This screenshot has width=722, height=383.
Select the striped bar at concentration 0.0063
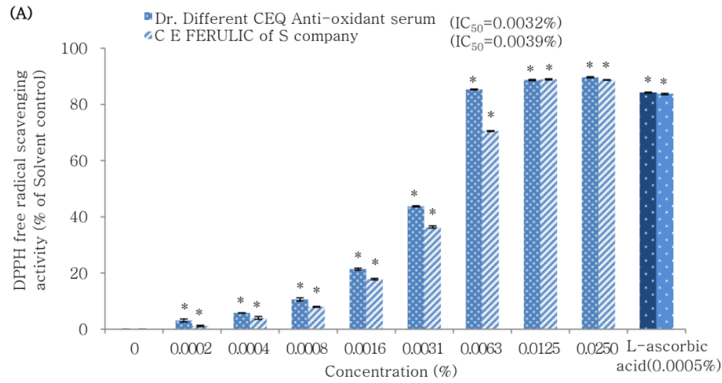coord(490,230)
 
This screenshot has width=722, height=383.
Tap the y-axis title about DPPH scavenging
coord(34,188)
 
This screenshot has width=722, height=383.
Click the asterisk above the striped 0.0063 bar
coord(490,116)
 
